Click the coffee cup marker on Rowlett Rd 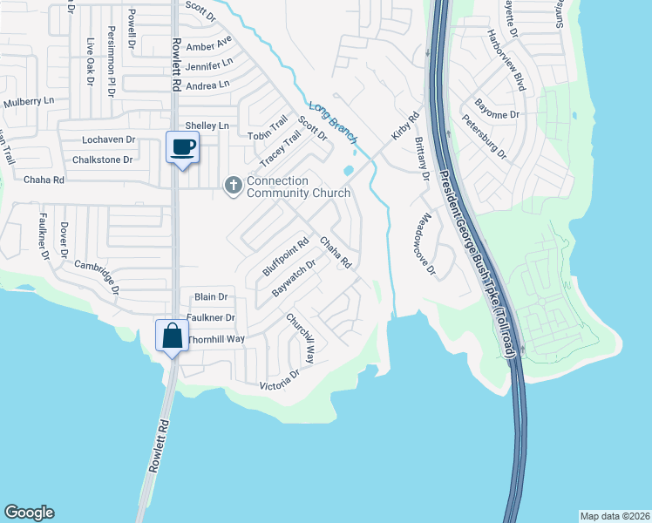(x=182, y=147)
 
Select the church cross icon (x=233, y=185)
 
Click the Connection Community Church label (x=298, y=187)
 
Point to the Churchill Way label (x=302, y=338)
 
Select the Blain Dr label (x=210, y=297)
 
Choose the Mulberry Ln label (x=29, y=102)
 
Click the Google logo (x=29, y=513)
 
